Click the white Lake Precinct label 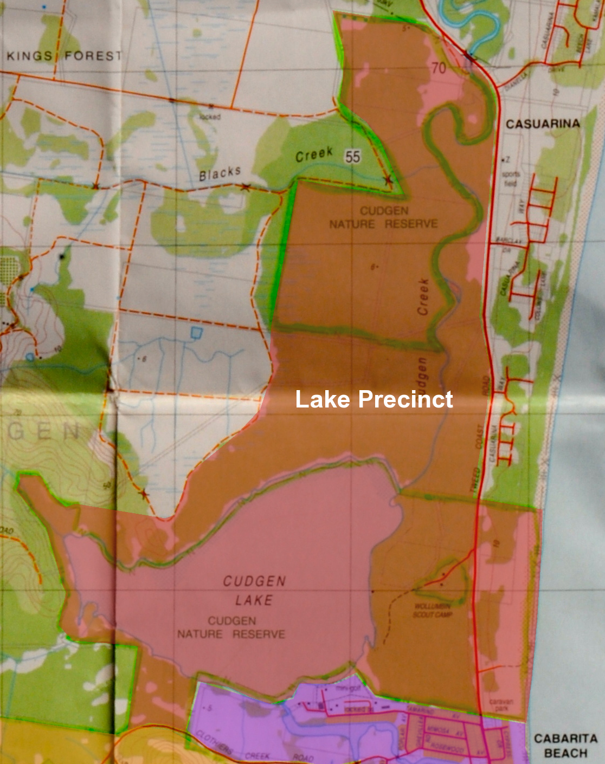click(x=374, y=400)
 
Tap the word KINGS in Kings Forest click(x=29, y=56)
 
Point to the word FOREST click(x=93, y=56)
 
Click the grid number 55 click(x=352, y=157)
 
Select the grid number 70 click(x=439, y=68)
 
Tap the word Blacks click(x=220, y=174)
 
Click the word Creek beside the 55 click(x=314, y=155)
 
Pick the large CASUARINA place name click(x=543, y=124)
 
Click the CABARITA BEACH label click(x=565, y=746)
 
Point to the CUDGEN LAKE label click(x=254, y=591)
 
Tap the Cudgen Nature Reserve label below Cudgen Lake click(x=231, y=627)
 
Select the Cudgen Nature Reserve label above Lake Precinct click(x=384, y=217)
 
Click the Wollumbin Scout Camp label click(x=433, y=610)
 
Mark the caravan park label click(x=500, y=704)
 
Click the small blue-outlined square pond click(x=196, y=332)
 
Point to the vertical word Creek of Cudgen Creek click(x=423, y=297)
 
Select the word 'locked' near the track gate click(x=210, y=116)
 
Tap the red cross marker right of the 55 click(x=388, y=179)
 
